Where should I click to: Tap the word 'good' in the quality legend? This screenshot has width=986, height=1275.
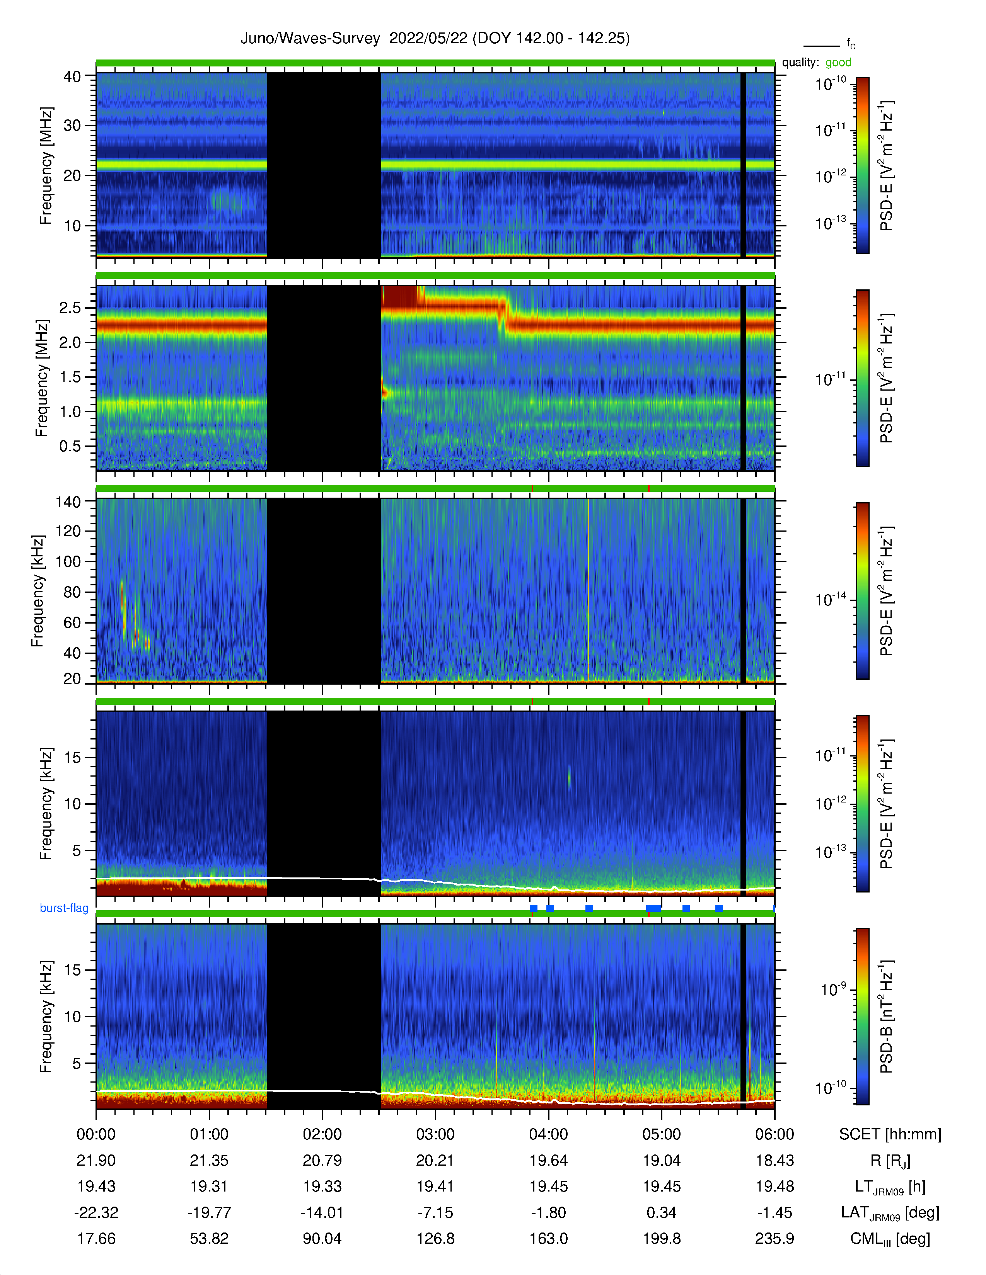click(x=838, y=63)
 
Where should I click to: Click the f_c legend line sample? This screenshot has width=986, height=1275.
click(x=821, y=46)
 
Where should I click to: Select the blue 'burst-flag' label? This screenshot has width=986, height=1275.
click(x=64, y=908)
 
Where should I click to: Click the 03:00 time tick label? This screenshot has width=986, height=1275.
click(x=435, y=1134)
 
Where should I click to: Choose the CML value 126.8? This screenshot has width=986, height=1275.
click(x=435, y=1238)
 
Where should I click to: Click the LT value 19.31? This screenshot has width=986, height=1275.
click(x=209, y=1186)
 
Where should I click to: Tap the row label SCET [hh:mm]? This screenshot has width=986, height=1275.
click(x=890, y=1134)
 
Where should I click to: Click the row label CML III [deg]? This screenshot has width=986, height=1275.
click(x=890, y=1239)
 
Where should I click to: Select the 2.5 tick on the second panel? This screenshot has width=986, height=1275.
click(x=70, y=308)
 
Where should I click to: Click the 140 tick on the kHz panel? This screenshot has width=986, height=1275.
click(x=68, y=501)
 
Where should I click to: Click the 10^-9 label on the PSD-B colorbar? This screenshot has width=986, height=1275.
click(x=833, y=989)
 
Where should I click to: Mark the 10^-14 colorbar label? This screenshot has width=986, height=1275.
click(x=831, y=600)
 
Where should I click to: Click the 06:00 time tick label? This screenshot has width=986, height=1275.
click(x=774, y=1134)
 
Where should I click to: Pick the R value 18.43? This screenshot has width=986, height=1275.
click(x=774, y=1161)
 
